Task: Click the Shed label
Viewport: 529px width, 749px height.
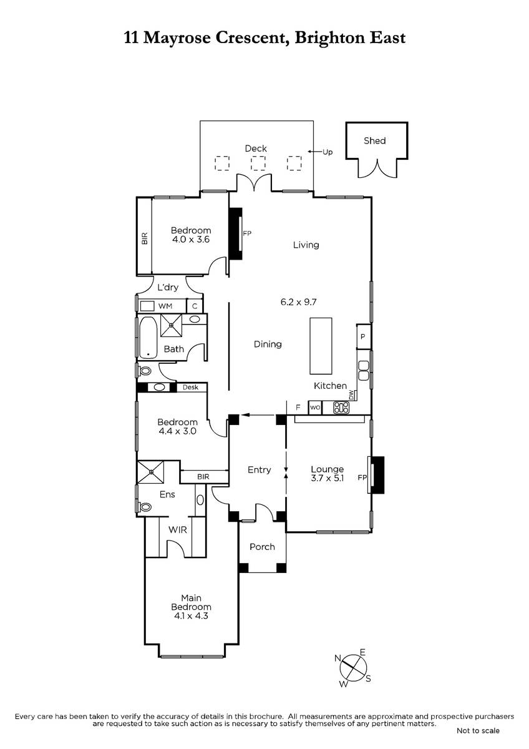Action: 375,141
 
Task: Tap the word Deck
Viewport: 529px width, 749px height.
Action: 256,149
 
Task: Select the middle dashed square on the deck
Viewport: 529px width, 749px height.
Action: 258,164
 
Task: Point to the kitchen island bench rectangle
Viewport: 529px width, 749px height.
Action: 321,346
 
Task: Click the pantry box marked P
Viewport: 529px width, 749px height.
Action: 364,336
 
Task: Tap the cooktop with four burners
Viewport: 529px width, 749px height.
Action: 341,407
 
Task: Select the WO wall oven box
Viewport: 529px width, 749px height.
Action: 315,408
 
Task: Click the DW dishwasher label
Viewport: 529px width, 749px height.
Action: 351,394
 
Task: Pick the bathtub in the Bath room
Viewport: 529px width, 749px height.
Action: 148,337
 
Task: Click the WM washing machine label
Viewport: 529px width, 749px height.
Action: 165,306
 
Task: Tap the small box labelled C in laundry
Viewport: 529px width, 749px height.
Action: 195,306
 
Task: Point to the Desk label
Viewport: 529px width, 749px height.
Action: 190,387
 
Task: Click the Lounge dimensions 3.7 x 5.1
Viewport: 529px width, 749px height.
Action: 327,478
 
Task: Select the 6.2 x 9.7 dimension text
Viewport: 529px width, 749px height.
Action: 298,302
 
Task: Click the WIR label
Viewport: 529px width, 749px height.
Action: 177,530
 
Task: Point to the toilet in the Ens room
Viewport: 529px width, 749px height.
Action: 144,507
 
